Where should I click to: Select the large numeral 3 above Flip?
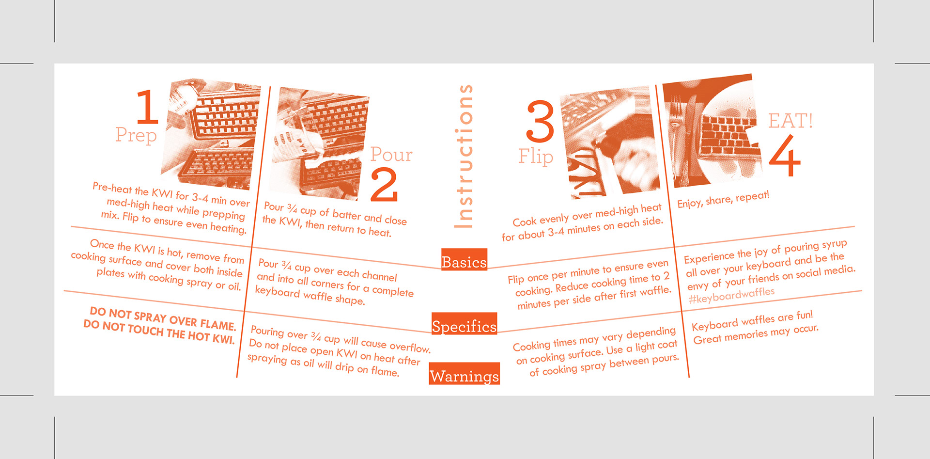(540, 121)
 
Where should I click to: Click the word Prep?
(136, 135)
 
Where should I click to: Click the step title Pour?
(391, 155)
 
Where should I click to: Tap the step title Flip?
(536, 157)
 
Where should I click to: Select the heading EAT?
(790, 121)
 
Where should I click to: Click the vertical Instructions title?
(464, 156)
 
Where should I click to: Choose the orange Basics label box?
(464, 259)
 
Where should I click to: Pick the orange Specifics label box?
(464, 324)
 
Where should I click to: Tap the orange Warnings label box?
(464, 374)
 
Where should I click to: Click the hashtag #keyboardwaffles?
(732, 295)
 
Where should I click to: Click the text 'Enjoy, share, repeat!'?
(723, 199)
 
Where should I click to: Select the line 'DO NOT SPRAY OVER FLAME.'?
(163, 318)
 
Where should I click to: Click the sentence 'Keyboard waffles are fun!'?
(752, 320)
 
